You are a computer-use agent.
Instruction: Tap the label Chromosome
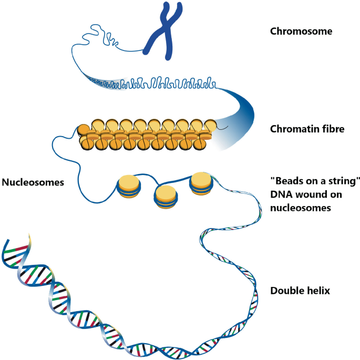(x=301, y=31)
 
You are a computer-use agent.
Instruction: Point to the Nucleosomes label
(x=33, y=183)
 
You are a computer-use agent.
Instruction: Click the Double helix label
(x=300, y=290)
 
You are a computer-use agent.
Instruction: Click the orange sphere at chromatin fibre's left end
(x=83, y=130)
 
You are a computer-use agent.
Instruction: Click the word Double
(x=286, y=290)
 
